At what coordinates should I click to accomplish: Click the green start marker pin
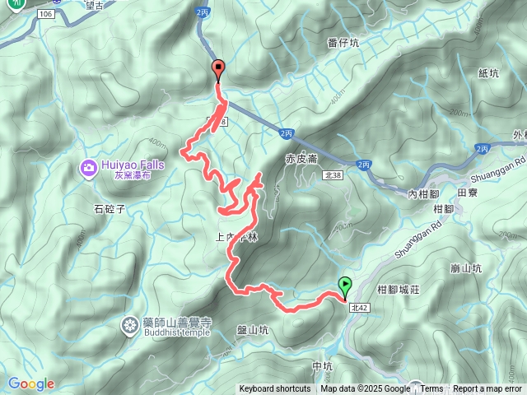(345, 287)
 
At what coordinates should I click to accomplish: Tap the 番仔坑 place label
(343, 43)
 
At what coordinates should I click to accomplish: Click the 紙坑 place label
(488, 73)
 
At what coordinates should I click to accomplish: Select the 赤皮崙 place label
(301, 159)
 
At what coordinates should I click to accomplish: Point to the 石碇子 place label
(109, 209)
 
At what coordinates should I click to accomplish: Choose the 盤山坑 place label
(252, 330)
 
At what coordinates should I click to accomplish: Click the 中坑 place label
(322, 365)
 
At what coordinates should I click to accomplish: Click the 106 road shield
(44, 15)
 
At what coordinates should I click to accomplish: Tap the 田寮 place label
(467, 192)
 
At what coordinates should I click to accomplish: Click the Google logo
(31, 383)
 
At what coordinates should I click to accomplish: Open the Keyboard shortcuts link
(275, 389)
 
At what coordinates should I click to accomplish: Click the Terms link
(431, 389)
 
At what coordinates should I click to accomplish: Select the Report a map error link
(487, 389)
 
